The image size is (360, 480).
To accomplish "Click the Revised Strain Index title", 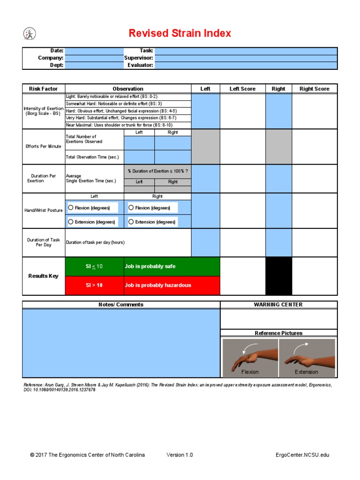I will click(x=180, y=34).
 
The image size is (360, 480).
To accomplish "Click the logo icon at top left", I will click(x=29, y=34).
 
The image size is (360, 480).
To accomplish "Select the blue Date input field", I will click(x=94, y=51).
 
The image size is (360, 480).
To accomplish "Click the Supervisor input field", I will click(x=246, y=58).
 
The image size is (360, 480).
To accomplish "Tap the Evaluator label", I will click(x=140, y=66).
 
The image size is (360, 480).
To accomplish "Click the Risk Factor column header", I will click(x=44, y=89).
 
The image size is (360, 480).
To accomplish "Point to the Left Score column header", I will click(x=242, y=89).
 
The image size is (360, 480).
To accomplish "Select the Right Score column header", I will click(x=314, y=89).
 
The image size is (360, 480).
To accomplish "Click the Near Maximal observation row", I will click(x=127, y=125).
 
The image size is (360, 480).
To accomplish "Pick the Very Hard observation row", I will click(x=127, y=118).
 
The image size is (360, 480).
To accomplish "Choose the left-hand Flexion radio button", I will click(x=71, y=208).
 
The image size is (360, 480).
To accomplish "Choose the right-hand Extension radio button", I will click(x=131, y=222).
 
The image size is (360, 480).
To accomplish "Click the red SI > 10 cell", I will click(x=94, y=285).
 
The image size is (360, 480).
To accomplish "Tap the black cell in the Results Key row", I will click(x=278, y=276).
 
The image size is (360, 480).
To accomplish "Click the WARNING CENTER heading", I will click(x=278, y=305).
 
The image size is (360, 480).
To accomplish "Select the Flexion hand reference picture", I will click(x=250, y=357).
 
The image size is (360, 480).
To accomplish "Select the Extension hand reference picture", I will click(x=307, y=357).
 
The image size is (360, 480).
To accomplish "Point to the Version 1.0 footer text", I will click(x=180, y=455).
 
